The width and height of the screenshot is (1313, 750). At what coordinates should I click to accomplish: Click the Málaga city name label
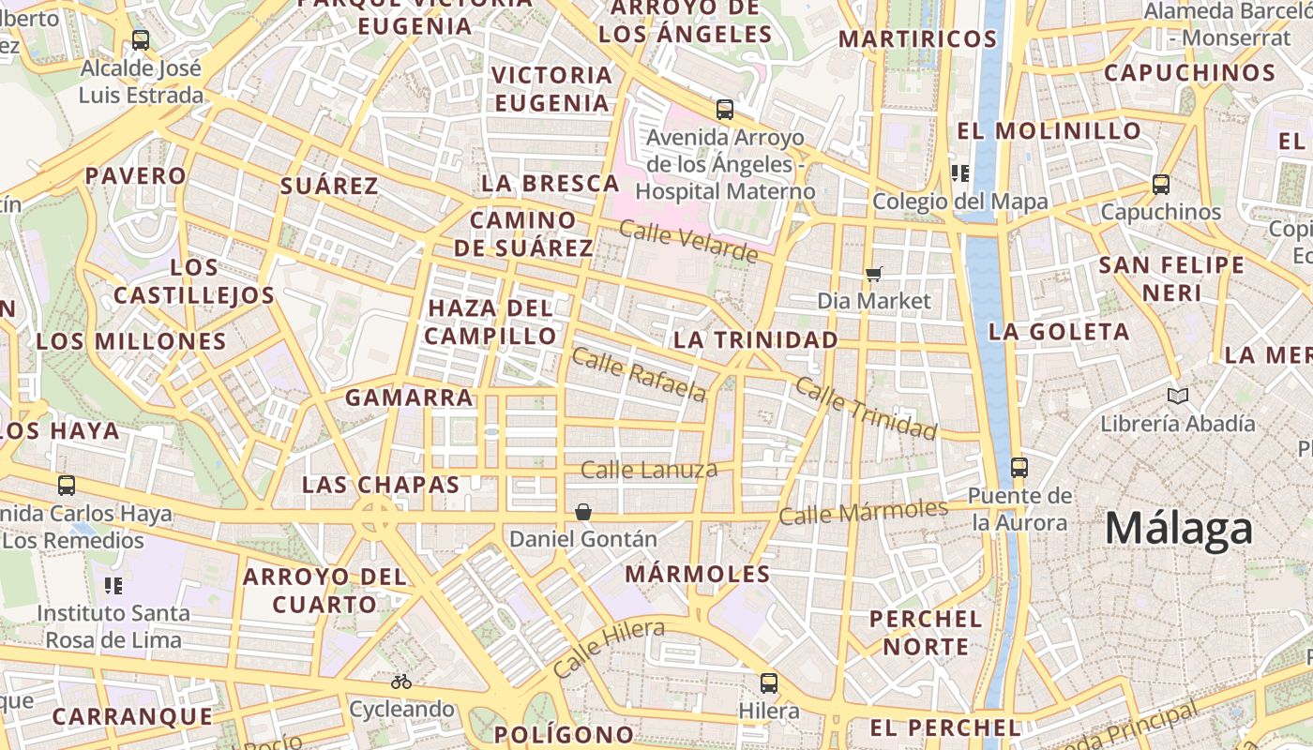pos(1178,530)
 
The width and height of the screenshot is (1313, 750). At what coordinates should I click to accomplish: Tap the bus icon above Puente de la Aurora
pos(1019,467)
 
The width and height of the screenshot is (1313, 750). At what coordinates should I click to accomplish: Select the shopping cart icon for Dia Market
pos(874,274)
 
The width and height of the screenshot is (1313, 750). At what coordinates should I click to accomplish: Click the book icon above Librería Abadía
pos(1178,397)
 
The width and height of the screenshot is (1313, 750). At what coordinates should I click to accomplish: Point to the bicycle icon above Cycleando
pos(401,682)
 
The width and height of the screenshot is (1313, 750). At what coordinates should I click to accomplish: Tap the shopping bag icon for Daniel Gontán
pos(583,512)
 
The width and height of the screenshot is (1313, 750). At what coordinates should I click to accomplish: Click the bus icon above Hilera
pos(769,683)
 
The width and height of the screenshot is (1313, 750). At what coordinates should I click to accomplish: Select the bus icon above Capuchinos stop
pos(1161,185)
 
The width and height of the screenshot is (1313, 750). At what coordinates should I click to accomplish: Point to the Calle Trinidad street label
pos(866,409)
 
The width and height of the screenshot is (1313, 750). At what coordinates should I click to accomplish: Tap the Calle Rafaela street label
pos(639,374)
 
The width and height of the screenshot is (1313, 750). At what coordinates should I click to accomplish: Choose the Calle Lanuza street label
pos(649,470)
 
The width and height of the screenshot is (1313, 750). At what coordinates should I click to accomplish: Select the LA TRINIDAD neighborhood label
pos(756,339)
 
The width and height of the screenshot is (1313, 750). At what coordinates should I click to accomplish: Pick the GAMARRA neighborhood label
pos(409,397)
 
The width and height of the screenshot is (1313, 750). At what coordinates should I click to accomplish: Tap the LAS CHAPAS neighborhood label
pos(381,485)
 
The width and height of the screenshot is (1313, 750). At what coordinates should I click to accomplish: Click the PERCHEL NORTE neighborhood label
pos(926,633)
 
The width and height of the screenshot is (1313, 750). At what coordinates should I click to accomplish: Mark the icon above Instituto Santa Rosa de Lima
pos(113,586)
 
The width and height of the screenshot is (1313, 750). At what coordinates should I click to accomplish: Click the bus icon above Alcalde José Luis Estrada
pos(141,40)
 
